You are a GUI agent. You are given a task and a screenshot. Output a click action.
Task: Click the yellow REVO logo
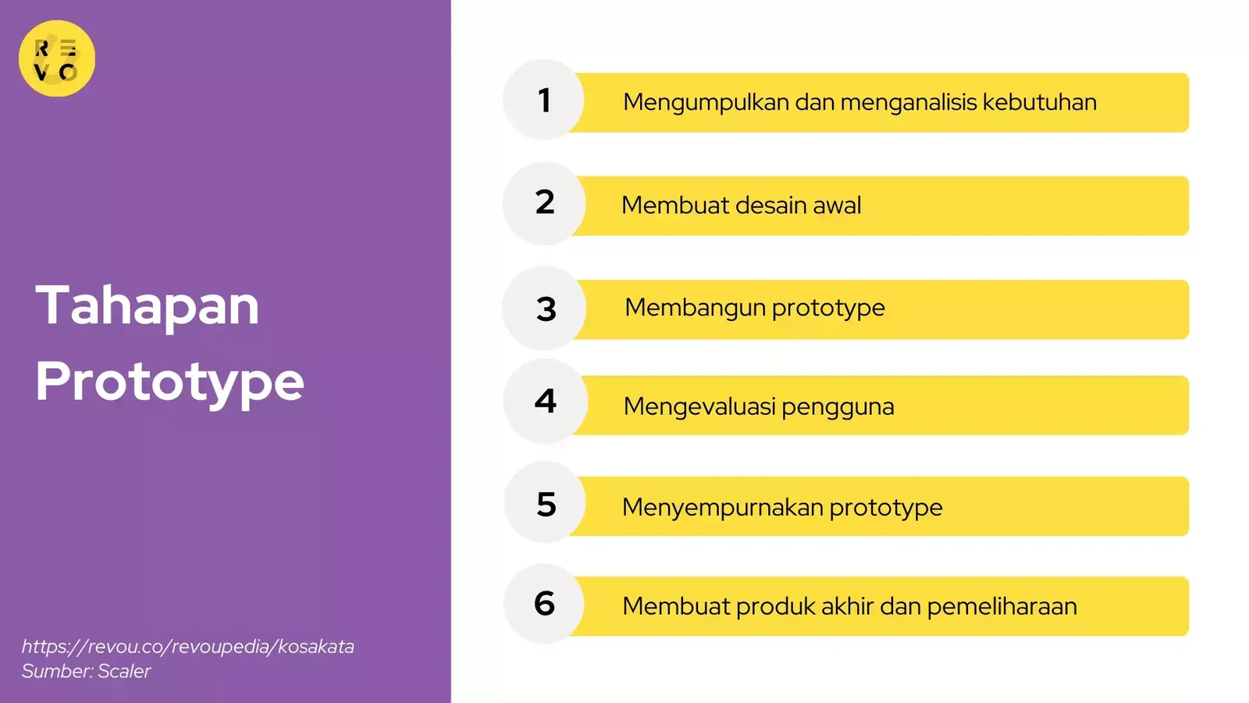coord(57,59)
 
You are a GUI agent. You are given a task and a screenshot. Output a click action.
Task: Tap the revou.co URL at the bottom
coord(188,647)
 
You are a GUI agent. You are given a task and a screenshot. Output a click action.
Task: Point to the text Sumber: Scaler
coord(86,671)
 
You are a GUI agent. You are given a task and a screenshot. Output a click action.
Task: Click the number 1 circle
coord(543,100)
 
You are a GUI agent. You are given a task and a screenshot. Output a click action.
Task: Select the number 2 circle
coord(544,204)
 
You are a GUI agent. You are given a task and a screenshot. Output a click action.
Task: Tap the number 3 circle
coord(544,308)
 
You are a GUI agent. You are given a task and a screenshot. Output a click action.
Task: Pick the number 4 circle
coord(546,401)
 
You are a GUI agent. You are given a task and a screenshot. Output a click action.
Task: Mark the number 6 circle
coord(544,604)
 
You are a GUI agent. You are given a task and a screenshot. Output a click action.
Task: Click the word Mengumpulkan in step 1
coord(706,103)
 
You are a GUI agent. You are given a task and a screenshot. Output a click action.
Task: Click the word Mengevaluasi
coord(699,407)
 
